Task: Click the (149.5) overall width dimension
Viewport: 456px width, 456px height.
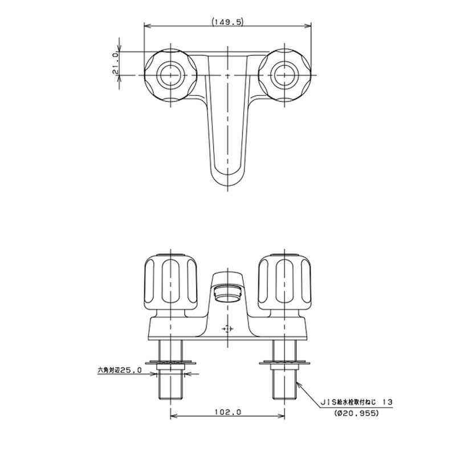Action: pyautogui.click(x=227, y=22)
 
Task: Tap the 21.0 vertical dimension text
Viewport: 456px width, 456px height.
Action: pyautogui.click(x=115, y=63)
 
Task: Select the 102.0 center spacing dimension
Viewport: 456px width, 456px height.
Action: pyautogui.click(x=228, y=412)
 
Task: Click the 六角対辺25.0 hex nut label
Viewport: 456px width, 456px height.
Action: pyautogui.click(x=120, y=370)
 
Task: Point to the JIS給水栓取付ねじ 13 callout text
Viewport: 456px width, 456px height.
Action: pyautogui.click(x=356, y=402)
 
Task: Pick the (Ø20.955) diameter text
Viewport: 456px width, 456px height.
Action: pyautogui.click(x=357, y=413)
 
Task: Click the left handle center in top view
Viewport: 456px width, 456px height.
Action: pyautogui.click(x=170, y=75)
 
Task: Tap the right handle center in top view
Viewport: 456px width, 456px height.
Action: pyautogui.click(x=284, y=75)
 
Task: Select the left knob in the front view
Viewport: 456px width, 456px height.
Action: pyautogui.click(x=170, y=282)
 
